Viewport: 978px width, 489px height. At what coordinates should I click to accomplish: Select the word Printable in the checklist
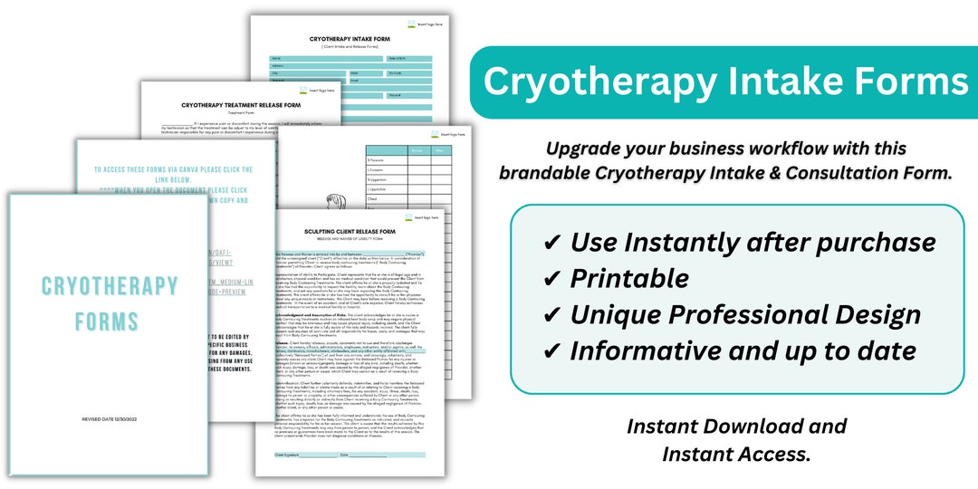(629, 278)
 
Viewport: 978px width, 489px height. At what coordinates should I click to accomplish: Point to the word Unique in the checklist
(618, 314)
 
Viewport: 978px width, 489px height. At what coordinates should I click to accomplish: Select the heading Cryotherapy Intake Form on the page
(349, 39)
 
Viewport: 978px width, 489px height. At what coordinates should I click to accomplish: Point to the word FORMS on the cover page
(107, 321)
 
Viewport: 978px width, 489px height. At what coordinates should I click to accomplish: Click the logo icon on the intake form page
(413, 24)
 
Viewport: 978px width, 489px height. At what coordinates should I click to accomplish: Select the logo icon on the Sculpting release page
(409, 217)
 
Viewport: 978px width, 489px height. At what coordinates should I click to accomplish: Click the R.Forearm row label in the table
(376, 159)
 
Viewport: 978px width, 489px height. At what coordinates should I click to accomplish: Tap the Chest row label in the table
(372, 197)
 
